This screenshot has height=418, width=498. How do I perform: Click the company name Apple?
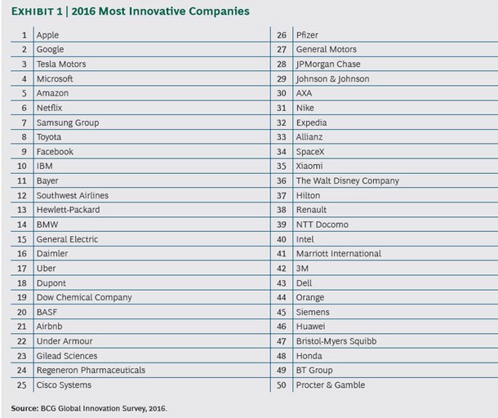pyautogui.click(x=47, y=35)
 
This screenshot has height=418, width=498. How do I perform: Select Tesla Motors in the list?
pyautogui.click(x=60, y=64)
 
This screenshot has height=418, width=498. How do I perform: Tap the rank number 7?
pyautogui.click(x=24, y=122)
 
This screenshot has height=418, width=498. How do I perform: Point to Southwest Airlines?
pyautogui.click(x=72, y=196)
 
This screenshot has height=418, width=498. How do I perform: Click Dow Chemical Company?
pyautogui.click(x=83, y=298)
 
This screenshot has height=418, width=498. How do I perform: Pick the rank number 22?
pyautogui.click(x=22, y=341)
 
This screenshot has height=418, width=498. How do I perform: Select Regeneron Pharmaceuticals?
pyautogui.click(x=91, y=371)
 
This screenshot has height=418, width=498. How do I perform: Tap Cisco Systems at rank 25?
pyautogui.click(x=64, y=385)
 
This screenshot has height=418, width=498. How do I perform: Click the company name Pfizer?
pyautogui.click(x=307, y=35)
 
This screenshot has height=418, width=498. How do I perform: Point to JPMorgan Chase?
pyautogui.click(x=328, y=64)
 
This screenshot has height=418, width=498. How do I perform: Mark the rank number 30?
pyautogui.click(x=282, y=94)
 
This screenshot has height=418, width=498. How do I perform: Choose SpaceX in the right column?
pyautogui.click(x=311, y=152)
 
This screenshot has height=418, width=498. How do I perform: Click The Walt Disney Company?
pyautogui.click(x=348, y=181)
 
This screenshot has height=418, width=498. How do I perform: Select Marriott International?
pyautogui.click(x=339, y=254)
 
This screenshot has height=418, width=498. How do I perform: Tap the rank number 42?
pyautogui.click(x=282, y=269)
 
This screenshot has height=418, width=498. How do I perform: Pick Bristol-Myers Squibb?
pyautogui.click(x=336, y=341)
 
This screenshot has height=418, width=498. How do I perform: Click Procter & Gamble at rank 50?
pyautogui.click(x=331, y=385)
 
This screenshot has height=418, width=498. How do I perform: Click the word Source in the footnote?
pyautogui.click(x=24, y=407)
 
